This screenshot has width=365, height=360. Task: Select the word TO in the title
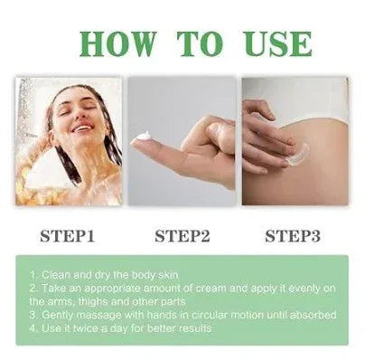coord(201,43)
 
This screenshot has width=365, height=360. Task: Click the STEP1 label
coord(69,236)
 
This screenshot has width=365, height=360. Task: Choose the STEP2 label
coord(183,236)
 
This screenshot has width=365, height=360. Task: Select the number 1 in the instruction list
coord(33,273)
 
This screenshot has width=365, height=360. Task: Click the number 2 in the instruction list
coord(33,287)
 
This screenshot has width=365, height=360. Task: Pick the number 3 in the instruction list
coord(33,314)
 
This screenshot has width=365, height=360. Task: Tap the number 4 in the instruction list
coord(33,327)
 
